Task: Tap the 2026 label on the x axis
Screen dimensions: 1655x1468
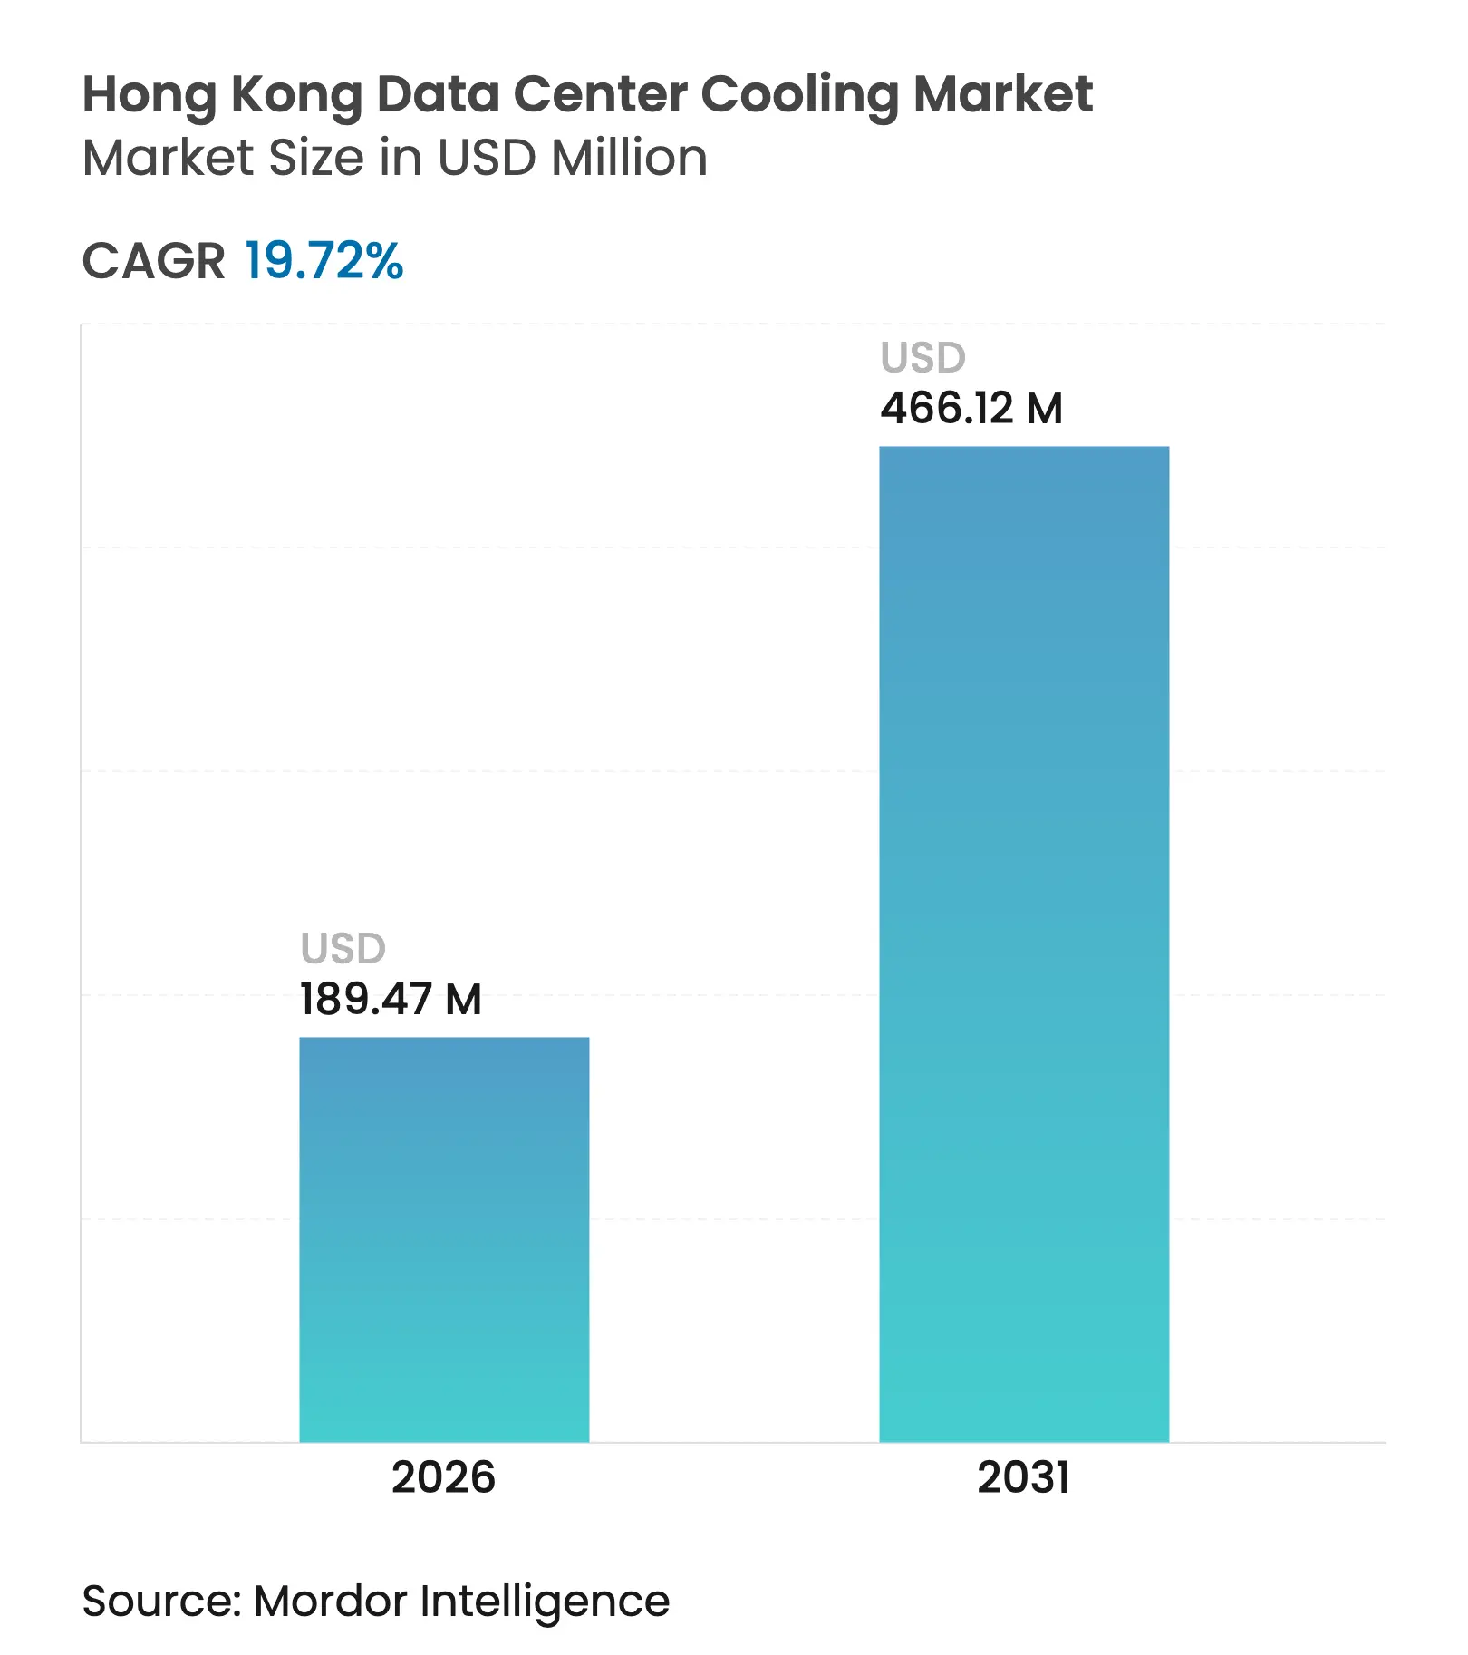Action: pyautogui.click(x=443, y=1476)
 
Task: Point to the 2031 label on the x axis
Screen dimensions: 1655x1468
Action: pyautogui.click(x=1024, y=1476)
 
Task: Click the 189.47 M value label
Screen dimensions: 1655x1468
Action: pyautogui.click(x=391, y=999)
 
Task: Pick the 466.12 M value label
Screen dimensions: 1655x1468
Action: pyautogui.click(x=971, y=408)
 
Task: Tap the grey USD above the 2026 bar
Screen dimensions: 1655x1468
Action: pyautogui.click(x=343, y=949)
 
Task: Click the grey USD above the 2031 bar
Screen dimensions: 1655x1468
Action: pyautogui.click(x=922, y=358)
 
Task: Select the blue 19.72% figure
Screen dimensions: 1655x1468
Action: pyautogui.click(x=324, y=261)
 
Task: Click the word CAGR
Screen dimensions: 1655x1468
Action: pyautogui.click(x=153, y=261)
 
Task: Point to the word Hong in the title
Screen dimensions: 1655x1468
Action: pyautogui.click(x=150, y=95)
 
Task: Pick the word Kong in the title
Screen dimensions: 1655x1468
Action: pyautogui.click(x=296, y=95)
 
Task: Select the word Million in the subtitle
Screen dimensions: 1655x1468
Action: pyautogui.click(x=629, y=158)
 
